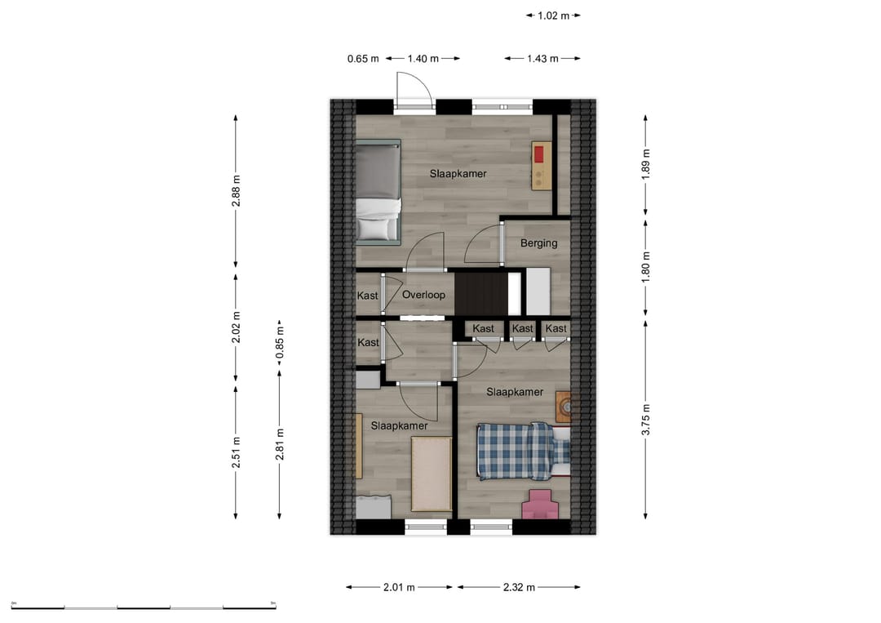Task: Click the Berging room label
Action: (539, 243)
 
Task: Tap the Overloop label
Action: (423, 295)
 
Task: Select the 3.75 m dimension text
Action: (646, 420)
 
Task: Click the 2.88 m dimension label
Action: (237, 191)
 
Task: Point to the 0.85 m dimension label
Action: (280, 343)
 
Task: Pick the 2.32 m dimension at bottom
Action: (519, 587)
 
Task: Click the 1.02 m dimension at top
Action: (553, 15)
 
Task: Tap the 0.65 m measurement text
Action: (363, 59)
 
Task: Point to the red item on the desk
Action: (538, 154)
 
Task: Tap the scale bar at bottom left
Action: (144, 607)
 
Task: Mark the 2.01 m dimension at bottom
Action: (400, 587)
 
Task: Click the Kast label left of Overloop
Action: (368, 296)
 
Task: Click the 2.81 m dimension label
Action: (280, 444)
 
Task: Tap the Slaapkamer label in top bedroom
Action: (458, 174)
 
